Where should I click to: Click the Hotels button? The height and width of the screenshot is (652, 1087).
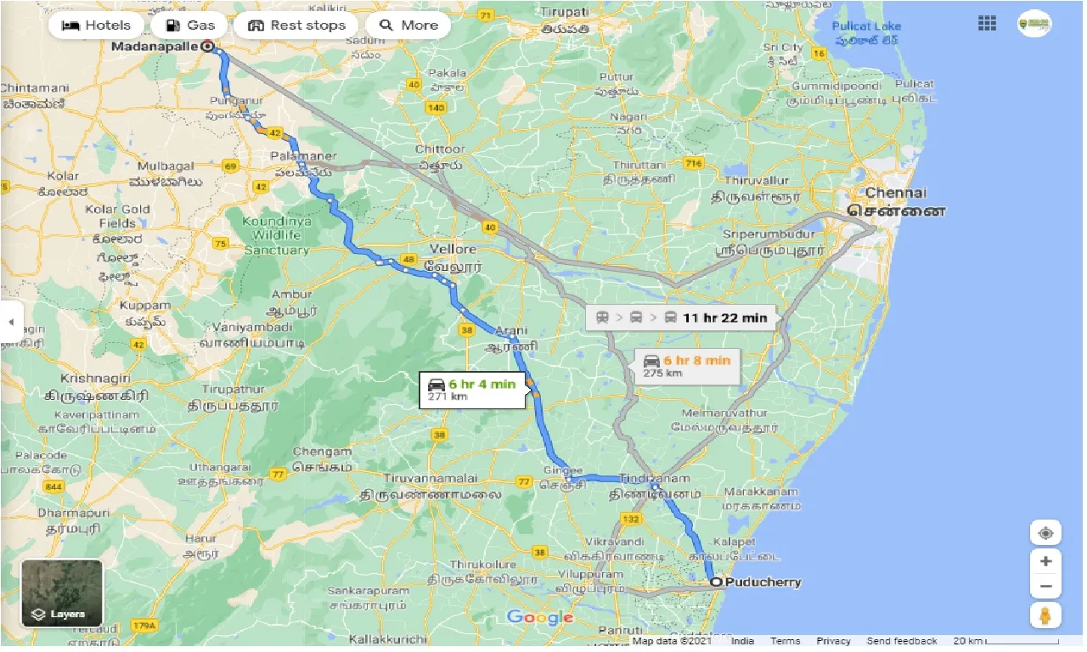[96, 25]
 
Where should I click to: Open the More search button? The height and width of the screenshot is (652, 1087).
[408, 25]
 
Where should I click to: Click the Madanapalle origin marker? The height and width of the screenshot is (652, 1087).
[208, 48]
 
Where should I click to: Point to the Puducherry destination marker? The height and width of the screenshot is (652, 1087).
[717, 582]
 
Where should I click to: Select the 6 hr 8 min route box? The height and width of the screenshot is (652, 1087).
[686, 366]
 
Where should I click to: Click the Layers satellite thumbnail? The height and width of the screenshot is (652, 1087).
[62, 593]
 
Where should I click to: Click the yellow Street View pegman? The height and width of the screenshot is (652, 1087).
[1045, 615]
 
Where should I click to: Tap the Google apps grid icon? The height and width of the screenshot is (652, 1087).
[987, 24]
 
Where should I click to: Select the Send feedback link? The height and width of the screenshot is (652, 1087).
[902, 641]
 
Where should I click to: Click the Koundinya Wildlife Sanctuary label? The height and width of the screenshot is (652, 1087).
[277, 235]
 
